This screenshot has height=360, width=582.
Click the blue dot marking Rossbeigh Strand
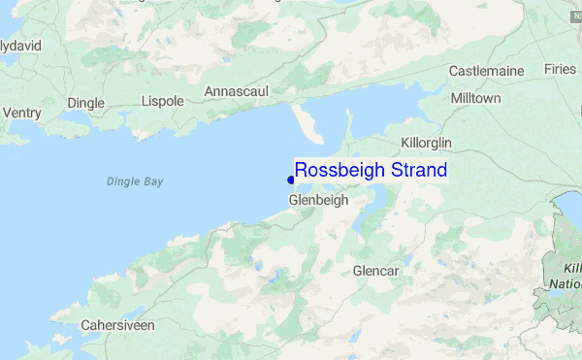[x=291, y=180]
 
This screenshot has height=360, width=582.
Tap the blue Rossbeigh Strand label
[x=371, y=171]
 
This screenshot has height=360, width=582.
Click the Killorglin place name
[x=427, y=143]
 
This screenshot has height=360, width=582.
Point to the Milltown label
[x=475, y=99]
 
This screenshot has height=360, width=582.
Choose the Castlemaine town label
[x=486, y=71]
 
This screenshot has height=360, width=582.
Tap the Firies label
[x=560, y=69]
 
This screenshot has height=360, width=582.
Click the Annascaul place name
[x=236, y=91]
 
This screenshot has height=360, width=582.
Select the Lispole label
[x=162, y=101]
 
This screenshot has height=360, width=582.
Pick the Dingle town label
[x=85, y=103]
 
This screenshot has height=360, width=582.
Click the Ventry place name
[x=22, y=114]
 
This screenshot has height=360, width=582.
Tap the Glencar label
[x=376, y=270]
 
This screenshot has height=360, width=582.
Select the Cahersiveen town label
[x=117, y=325]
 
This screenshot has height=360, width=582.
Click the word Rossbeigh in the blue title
[x=340, y=171]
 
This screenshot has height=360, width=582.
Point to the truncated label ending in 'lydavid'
[x=20, y=46]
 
